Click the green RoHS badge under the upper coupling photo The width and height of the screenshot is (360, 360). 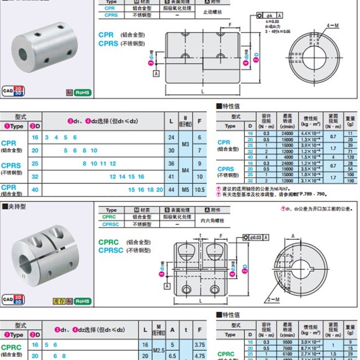pos(83,93)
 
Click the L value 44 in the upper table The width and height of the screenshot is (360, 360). pos(171,190)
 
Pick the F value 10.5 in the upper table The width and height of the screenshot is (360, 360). pos(199,190)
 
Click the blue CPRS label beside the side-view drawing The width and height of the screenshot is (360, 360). pos(108,44)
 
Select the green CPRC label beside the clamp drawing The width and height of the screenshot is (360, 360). pos(108,242)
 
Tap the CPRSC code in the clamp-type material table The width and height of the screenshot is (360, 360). pos(111,224)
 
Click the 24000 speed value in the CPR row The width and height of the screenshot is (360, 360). pos(287,134)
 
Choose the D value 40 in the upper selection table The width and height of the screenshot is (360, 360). pos(35,190)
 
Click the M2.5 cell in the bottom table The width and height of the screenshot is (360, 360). pos(158,349)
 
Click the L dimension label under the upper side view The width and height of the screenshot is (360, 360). pos(203,91)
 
